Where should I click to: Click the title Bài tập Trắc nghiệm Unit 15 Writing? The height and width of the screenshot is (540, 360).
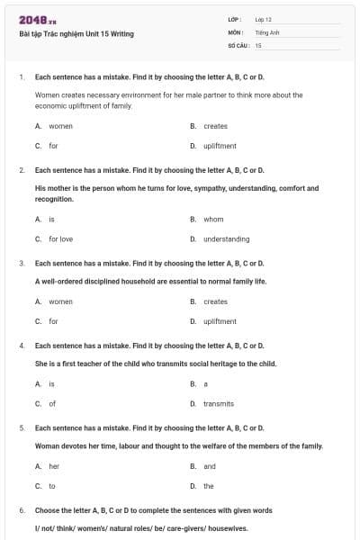pos(76,34)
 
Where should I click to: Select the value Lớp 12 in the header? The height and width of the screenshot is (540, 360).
pos(264,19)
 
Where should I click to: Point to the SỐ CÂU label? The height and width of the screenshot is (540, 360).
pos(237,44)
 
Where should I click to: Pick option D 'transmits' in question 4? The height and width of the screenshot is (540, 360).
pos(218,404)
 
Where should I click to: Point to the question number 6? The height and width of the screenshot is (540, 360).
pos(21,510)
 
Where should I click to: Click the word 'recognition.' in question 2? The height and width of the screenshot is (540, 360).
pos(54,199)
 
